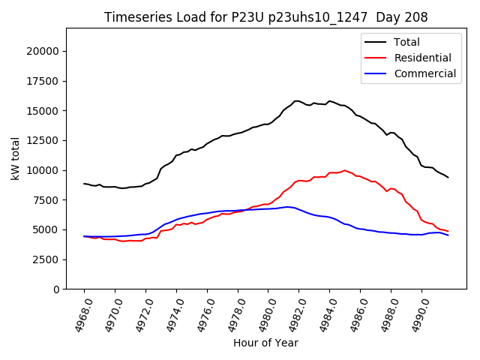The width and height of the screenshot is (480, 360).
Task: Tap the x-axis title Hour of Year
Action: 265,343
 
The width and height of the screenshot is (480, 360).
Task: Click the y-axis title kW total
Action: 15,159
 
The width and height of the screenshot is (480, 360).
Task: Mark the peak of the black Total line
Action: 297,100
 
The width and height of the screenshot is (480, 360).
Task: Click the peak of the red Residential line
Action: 344,170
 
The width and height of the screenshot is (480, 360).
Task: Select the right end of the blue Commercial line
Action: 448,235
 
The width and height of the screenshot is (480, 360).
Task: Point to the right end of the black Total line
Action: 448,177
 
